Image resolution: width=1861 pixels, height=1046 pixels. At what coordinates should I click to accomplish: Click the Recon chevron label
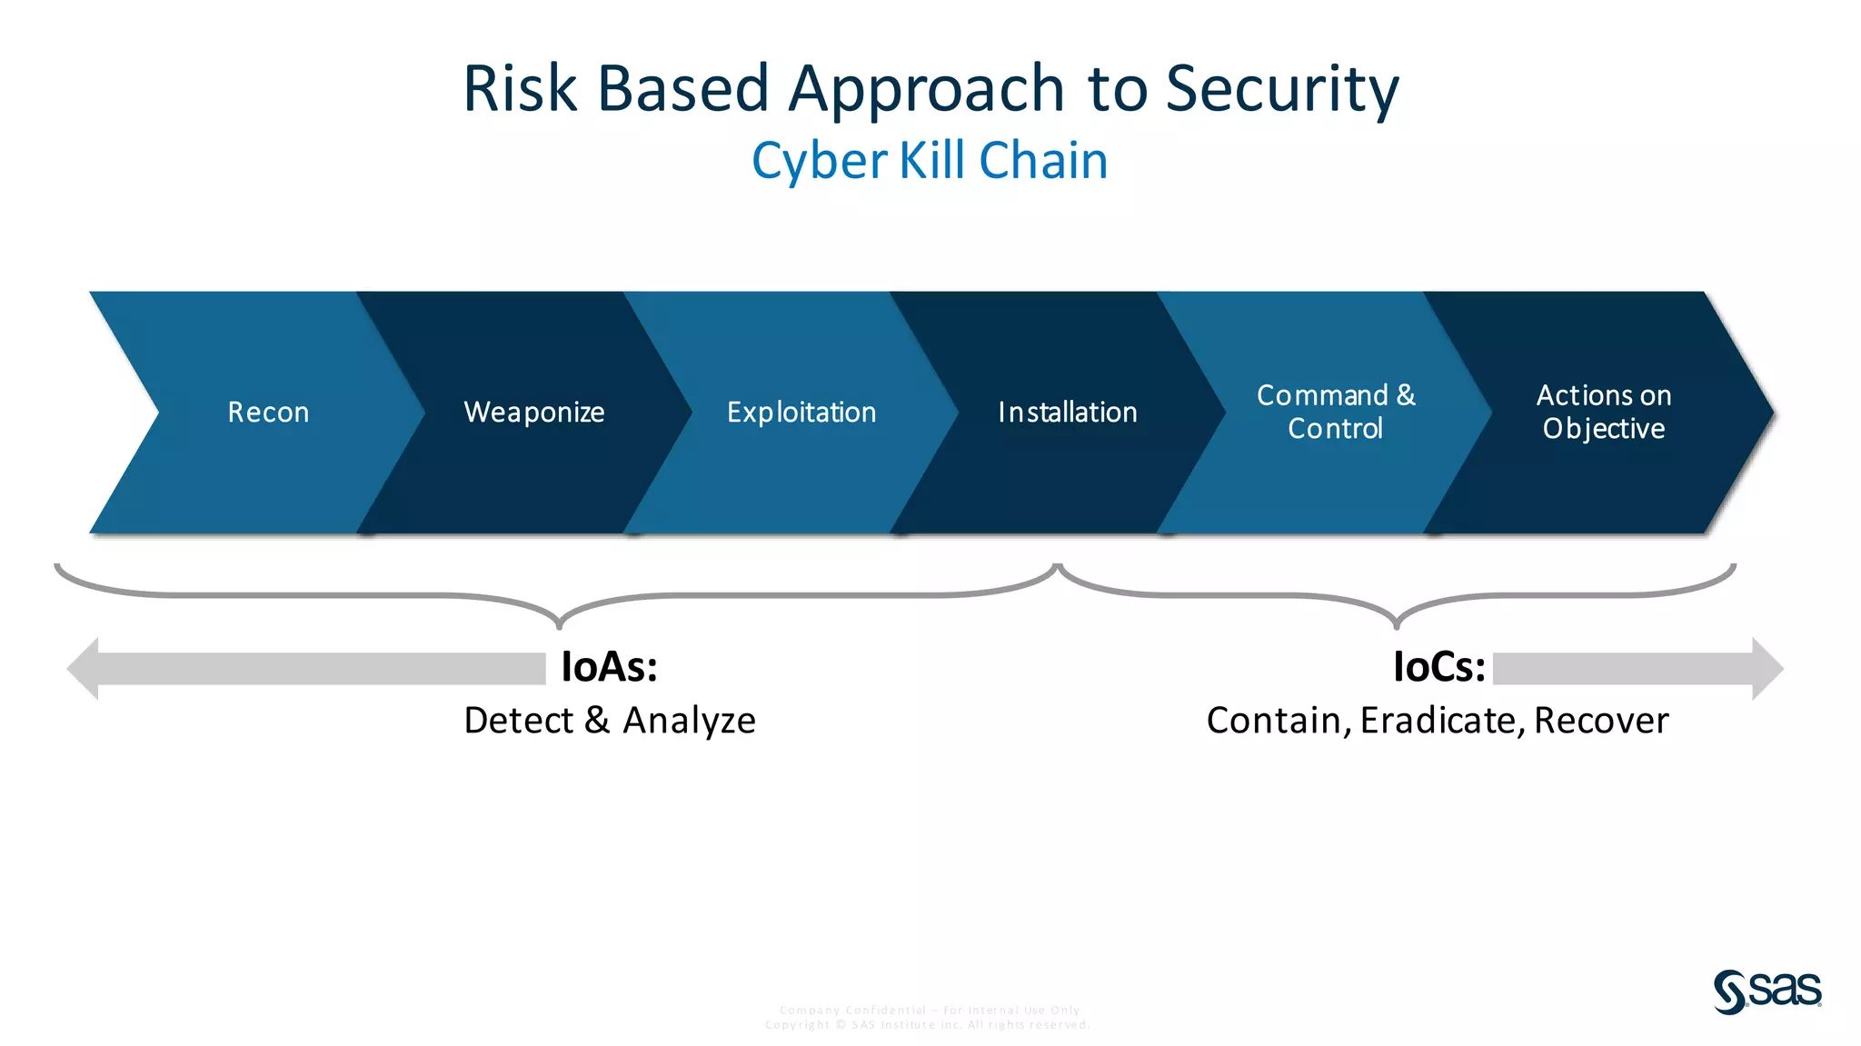pyautogui.click(x=268, y=413)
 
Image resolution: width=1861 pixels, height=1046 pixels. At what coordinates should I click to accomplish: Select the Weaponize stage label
pyautogui.click(x=534, y=413)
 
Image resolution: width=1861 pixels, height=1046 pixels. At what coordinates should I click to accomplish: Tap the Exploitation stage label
pyautogui.click(x=801, y=413)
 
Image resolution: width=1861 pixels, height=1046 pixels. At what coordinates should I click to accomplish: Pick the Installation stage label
pyautogui.click(x=1068, y=413)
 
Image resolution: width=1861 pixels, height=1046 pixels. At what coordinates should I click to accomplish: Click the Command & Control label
pyautogui.click(x=1336, y=412)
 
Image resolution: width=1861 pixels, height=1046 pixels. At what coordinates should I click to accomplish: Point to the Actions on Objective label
pyautogui.click(x=1604, y=412)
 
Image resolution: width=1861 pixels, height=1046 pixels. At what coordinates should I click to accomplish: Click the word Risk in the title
pyautogui.click(x=520, y=89)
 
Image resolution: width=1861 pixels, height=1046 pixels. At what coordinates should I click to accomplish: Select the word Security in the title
pyautogui.click(x=1282, y=89)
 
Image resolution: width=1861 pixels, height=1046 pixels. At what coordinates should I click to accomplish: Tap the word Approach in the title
pyautogui.click(x=927, y=89)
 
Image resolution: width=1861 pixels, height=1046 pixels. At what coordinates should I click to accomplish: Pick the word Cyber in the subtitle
pyautogui.click(x=819, y=161)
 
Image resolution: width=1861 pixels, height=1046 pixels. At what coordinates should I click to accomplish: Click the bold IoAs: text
pyautogui.click(x=609, y=667)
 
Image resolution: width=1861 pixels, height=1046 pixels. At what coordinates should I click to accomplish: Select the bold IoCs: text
pyautogui.click(x=1439, y=667)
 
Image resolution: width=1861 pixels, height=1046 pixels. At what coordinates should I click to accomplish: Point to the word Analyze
pyautogui.click(x=690, y=721)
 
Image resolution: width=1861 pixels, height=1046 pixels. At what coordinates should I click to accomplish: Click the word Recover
pyautogui.click(x=1601, y=721)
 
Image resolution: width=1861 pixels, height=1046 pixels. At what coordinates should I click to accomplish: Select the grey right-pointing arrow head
pyautogui.click(x=1766, y=669)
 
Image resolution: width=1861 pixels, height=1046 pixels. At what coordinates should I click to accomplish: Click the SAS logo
pyautogui.click(x=1767, y=991)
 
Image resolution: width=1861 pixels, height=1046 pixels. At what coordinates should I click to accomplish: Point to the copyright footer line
pyautogui.click(x=928, y=1025)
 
